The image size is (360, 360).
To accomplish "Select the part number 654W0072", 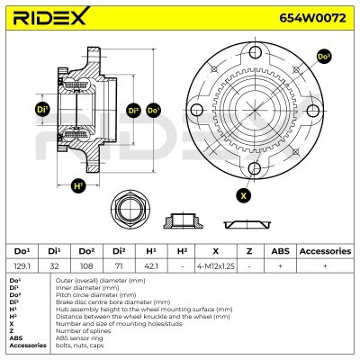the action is [312, 18].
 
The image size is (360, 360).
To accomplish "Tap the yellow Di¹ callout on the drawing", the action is [42, 110].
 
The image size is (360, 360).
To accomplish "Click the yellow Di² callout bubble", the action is [133, 111].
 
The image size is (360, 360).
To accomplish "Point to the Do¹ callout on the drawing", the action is [153, 111].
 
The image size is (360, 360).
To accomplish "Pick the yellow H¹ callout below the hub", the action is [78, 185].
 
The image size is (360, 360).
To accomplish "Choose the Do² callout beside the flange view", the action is [324, 57].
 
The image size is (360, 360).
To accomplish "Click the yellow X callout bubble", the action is [243, 195].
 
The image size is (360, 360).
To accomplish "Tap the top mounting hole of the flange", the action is [255, 52].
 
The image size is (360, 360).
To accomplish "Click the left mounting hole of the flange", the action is [197, 110].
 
